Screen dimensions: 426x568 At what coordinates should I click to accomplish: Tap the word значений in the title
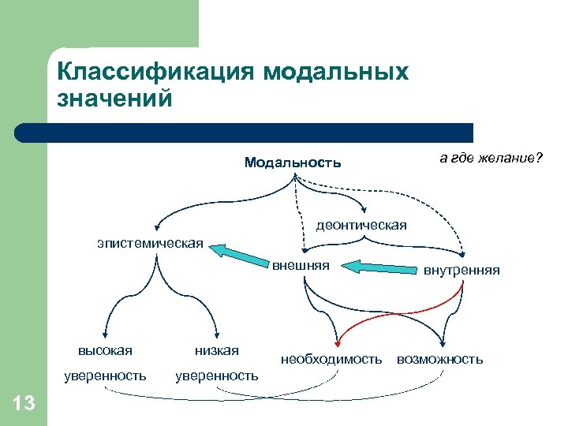pos(114,99)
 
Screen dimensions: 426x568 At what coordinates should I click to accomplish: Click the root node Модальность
pos(293,163)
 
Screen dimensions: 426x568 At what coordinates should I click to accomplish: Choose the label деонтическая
pos(361,226)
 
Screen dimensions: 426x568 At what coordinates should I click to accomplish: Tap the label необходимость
pos(331,359)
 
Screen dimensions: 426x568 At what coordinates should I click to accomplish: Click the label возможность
pos(439,359)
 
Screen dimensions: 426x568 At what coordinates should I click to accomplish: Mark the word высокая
pos(105,350)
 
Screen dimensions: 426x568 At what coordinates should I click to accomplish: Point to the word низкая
pos(216,350)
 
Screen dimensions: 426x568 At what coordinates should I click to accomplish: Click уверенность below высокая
pos(105,376)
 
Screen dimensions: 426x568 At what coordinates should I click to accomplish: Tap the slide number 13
pos(24,404)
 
